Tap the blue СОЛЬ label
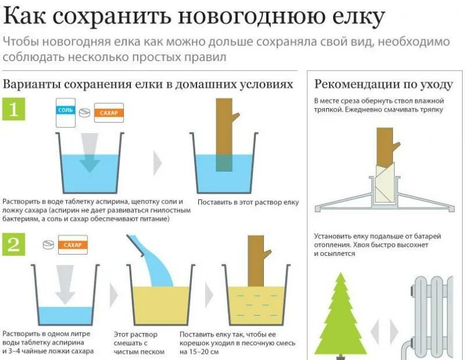tap(66, 109)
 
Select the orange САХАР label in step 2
tap(72, 245)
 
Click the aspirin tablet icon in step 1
tap(84, 112)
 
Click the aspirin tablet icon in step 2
tap(49, 244)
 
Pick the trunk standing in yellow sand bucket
tap(255, 262)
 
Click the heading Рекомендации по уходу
tap(383, 84)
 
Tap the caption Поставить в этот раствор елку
tap(248, 202)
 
